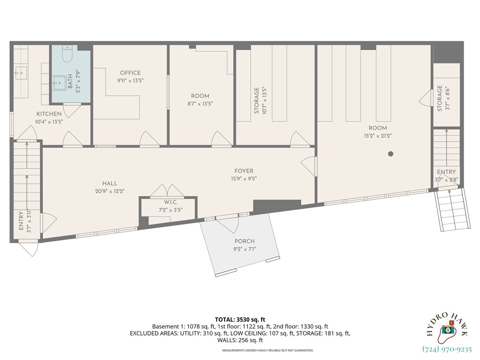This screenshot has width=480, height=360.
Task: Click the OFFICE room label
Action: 130,73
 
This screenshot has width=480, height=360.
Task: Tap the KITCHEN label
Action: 49,114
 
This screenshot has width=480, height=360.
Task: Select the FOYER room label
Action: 244,171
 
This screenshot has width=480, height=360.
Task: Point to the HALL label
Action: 110,183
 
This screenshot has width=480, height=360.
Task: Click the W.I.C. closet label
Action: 171,202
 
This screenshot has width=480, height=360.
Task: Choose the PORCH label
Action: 245,241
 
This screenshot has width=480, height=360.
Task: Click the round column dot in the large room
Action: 390,154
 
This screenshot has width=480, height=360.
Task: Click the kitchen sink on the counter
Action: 21,72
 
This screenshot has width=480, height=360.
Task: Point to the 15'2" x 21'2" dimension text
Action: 377,136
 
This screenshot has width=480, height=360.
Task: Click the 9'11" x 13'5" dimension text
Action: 130,80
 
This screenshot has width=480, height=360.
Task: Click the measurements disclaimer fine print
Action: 268,350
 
